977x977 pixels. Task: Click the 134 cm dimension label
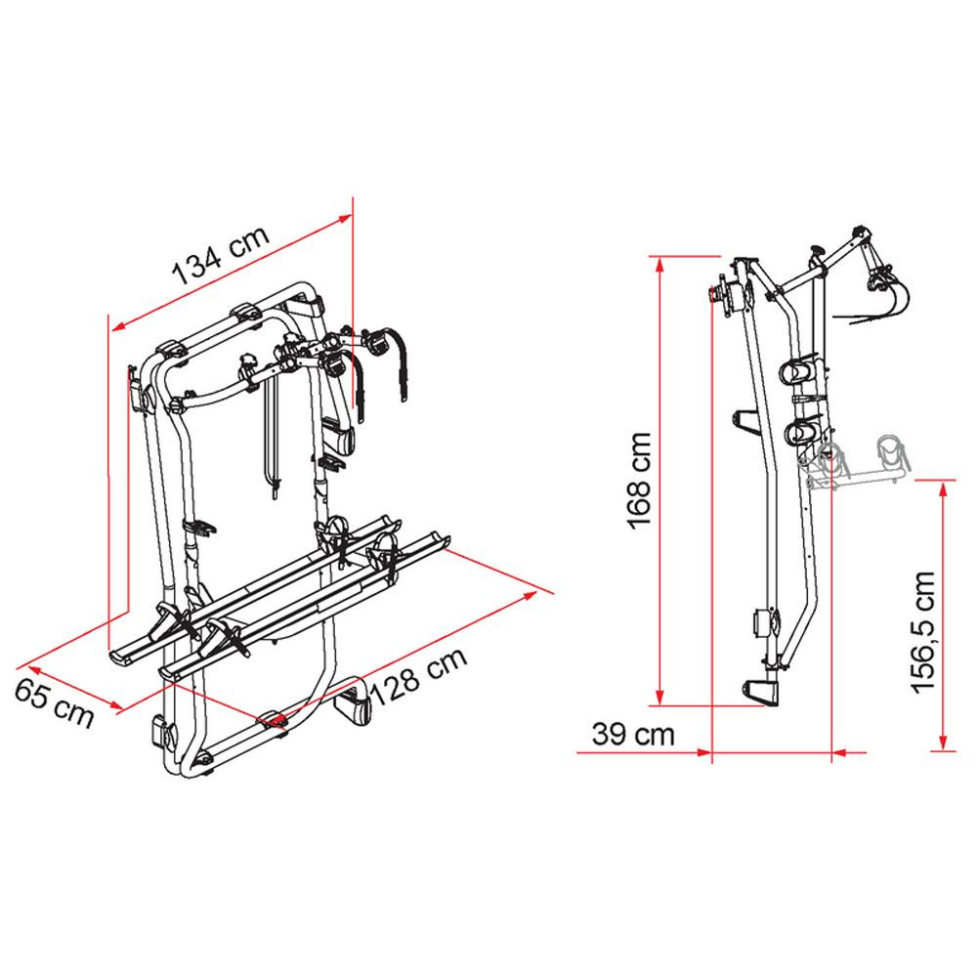(x=220, y=254)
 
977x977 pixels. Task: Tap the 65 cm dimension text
(x=54, y=702)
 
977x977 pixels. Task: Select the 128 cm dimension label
(x=419, y=675)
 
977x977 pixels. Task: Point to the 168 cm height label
(x=639, y=481)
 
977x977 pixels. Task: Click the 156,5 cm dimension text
(x=923, y=631)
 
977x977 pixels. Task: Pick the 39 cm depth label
(x=633, y=734)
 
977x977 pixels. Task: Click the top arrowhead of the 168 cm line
(x=660, y=265)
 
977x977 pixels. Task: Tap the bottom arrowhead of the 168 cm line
(x=660, y=697)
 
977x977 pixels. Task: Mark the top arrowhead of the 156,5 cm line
(x=944, y=489)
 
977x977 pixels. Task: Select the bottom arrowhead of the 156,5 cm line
(x=944, y=743)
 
